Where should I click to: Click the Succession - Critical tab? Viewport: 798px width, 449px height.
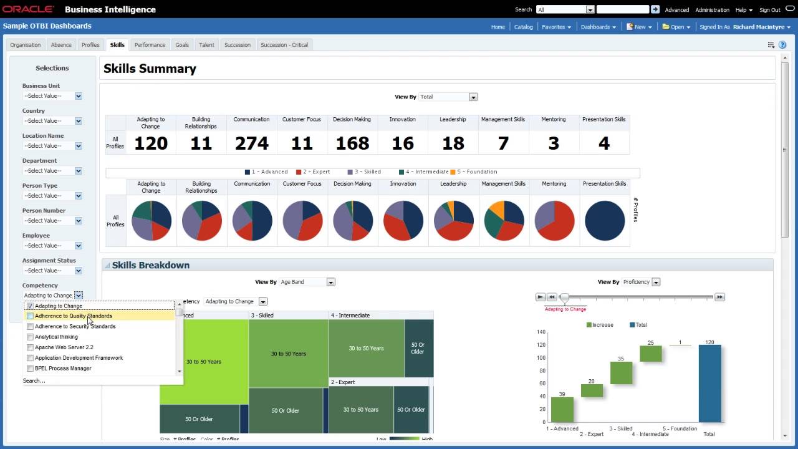284,45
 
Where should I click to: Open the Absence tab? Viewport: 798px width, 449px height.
61,45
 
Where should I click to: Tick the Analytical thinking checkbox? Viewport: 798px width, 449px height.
30,337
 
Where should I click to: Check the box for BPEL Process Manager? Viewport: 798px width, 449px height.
30,369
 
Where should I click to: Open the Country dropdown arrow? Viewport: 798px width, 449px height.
79,121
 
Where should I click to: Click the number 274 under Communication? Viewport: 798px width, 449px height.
251,143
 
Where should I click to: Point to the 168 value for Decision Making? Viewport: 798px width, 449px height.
352,143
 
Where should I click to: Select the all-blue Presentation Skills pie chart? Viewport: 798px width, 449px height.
604,221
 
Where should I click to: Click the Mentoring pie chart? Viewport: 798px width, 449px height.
554,221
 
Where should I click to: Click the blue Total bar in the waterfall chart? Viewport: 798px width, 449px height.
709,384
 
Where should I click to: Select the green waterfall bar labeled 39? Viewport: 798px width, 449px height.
562,410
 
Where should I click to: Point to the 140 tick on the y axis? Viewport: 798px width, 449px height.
541,332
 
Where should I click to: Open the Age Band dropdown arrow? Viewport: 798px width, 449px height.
331,282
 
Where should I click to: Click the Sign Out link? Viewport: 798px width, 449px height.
769,10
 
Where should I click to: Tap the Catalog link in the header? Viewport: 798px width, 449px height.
523,27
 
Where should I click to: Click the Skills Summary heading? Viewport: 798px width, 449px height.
150,69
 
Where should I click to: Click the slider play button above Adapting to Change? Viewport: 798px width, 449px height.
541,297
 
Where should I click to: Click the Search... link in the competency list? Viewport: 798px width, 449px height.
34,380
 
